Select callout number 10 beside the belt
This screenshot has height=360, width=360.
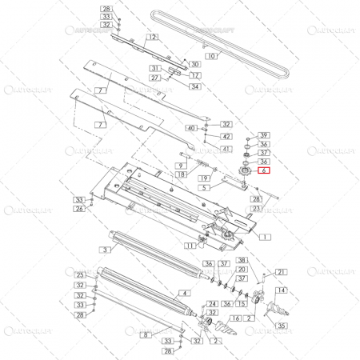pos(211,56)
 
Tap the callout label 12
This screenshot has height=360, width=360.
pos(151,38)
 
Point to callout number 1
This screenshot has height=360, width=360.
pos(265,237)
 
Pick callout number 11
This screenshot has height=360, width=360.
pos(190,246)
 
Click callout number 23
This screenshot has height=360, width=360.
pos(256,208)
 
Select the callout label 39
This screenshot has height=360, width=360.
pos(265,135)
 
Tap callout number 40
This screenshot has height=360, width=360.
pos(190,128)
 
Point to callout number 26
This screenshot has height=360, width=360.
pos(79,209)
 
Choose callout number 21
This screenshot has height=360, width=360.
pos(281,272)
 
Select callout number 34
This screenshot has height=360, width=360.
pos(194,86)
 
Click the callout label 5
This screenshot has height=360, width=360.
pos(205,186)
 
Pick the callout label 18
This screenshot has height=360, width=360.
pos(182,174)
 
